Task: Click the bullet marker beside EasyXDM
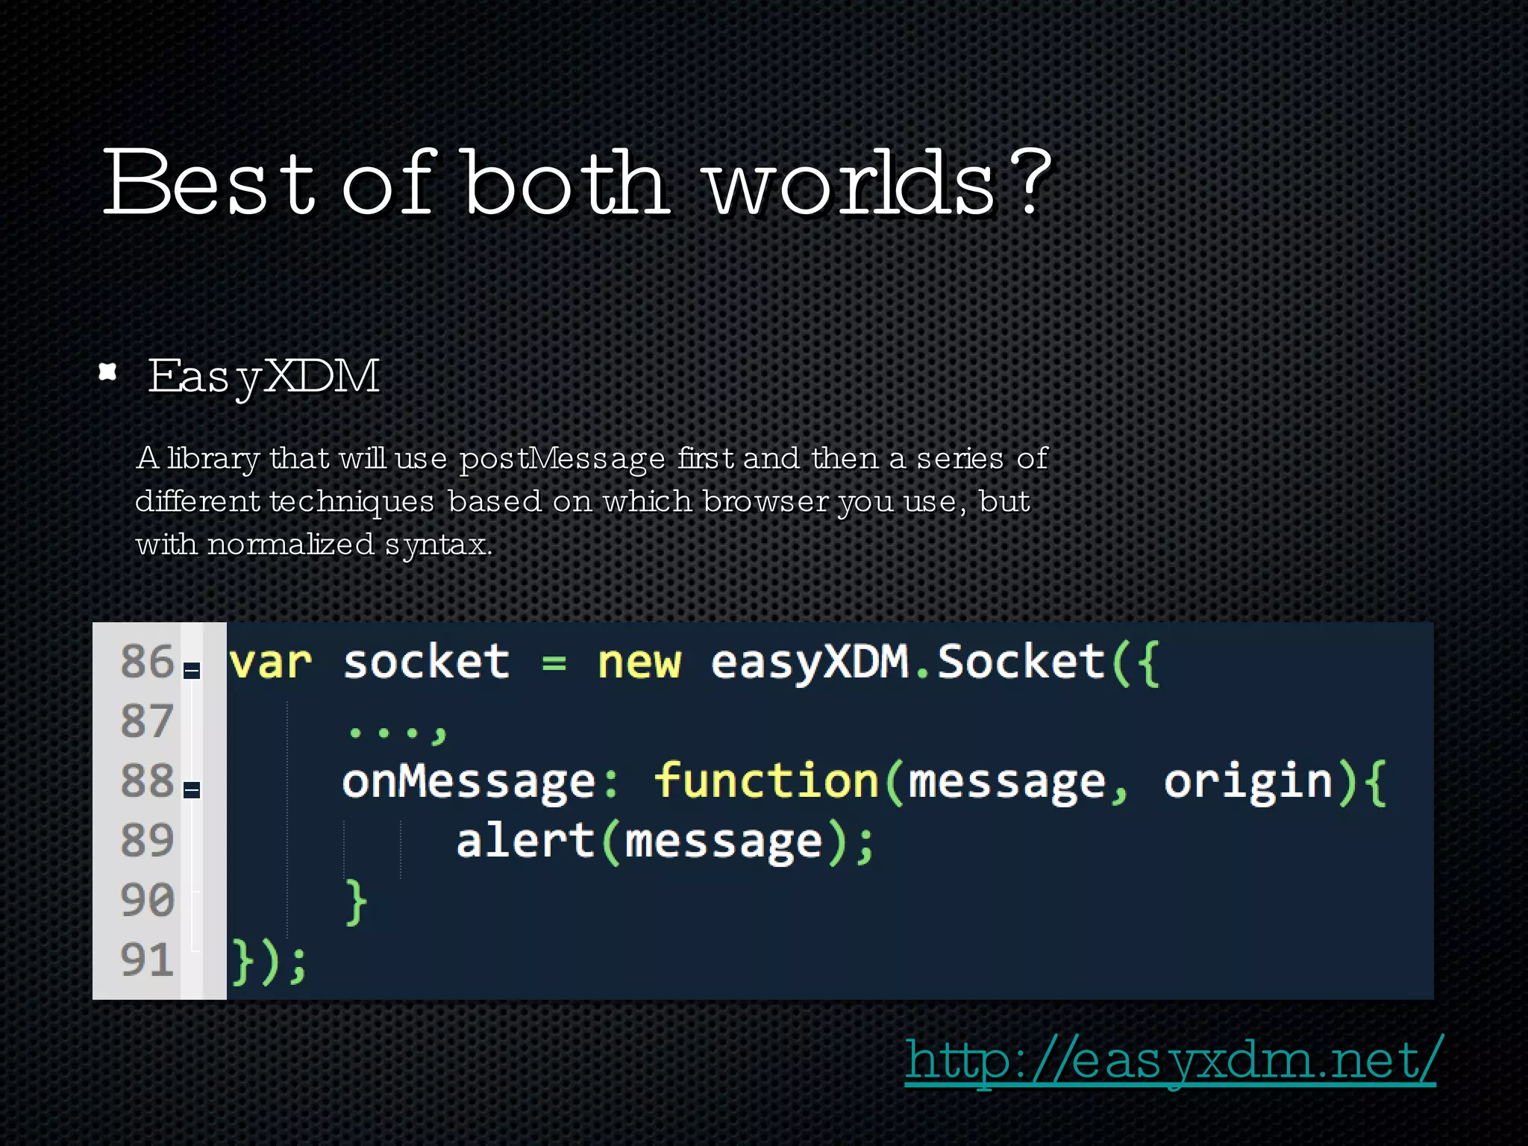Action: point(108,372)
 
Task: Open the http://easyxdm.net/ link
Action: point(1169,1060)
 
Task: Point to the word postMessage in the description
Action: point(562,458)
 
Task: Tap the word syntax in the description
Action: point(437,545)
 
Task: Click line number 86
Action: point(146,661)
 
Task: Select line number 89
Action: point(146,840)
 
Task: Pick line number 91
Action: point(146,959)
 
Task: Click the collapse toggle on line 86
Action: point(192,670)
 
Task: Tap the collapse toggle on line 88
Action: point(192,789)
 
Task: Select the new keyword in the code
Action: point(639,663)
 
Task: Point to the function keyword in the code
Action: point(766,781)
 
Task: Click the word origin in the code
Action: point(1248,783)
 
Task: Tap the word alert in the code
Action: point(525,841)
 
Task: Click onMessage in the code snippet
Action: point(469,782)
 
